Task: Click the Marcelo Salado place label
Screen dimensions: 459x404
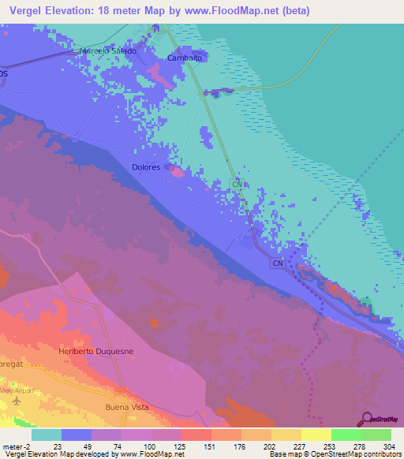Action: (108, 50)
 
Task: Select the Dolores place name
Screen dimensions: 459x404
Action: (146, 167)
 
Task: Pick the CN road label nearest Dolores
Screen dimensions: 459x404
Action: (237, 184)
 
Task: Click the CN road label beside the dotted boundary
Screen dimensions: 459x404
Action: (277, 263)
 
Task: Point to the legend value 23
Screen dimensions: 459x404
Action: (56, 446)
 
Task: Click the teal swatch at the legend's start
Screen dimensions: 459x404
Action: (46, 435)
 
